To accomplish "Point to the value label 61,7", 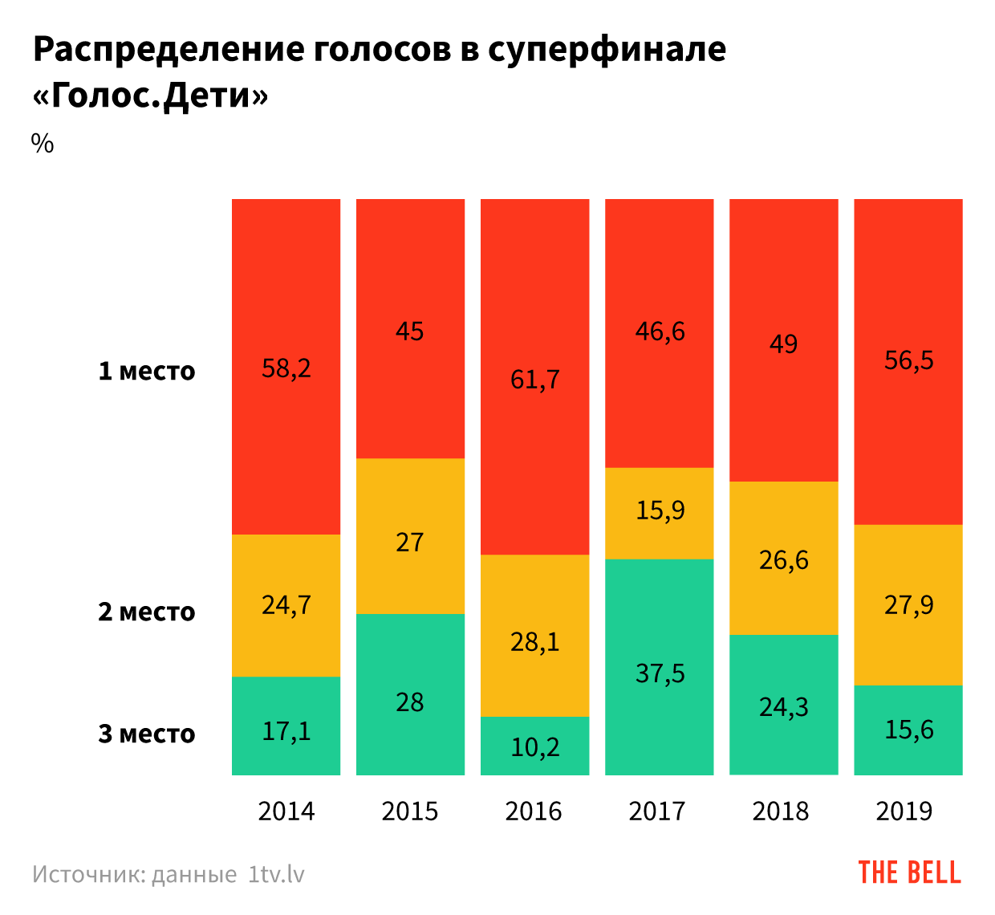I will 534,379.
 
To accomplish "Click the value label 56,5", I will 908,360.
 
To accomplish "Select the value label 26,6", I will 783,559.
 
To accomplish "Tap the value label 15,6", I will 908,730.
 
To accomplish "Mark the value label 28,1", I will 534,642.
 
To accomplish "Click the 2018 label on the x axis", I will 781,811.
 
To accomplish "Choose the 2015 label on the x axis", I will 410,811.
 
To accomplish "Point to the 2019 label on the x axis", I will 904,811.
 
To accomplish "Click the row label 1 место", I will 147,372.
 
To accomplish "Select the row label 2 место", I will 147,612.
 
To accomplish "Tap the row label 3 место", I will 147,734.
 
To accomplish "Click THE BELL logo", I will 909,872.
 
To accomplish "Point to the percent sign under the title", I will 43,144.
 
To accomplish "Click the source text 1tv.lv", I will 277,874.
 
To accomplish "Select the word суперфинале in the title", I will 607,50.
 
